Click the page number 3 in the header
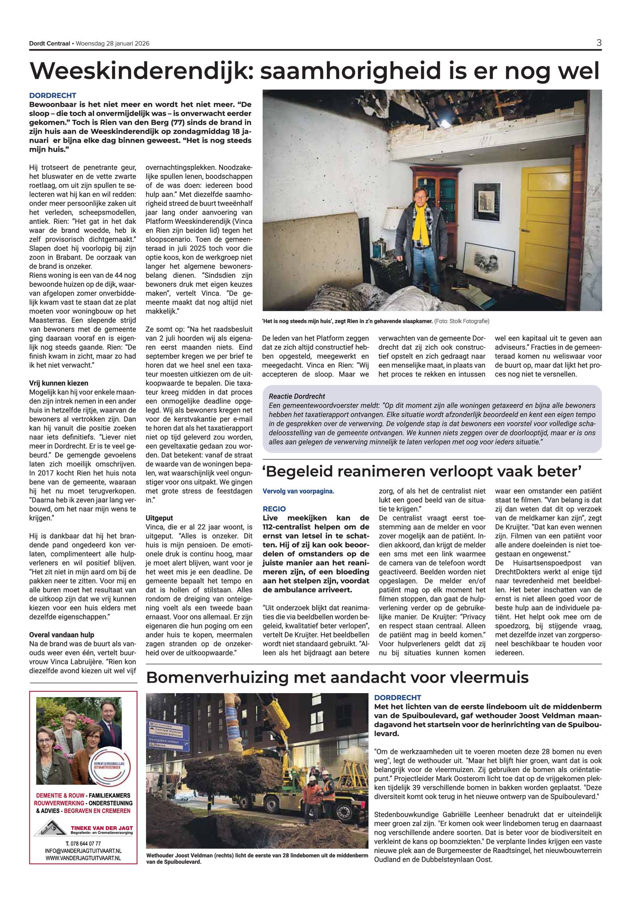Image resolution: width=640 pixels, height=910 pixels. click(598, 43)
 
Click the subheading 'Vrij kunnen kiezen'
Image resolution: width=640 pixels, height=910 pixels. click(58, 383)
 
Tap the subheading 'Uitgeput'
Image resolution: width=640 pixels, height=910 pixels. click(159, 518)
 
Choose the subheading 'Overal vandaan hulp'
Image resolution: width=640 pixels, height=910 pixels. click(62, 635)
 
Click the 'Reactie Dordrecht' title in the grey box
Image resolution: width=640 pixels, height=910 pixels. click(297, 396)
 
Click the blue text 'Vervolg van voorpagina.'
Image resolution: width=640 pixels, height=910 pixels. click(298, 491)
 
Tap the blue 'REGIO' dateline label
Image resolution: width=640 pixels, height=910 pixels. click(274, 509)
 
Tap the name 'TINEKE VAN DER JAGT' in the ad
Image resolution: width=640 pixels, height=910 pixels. click(102, 828)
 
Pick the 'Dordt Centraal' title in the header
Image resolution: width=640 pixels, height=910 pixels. click(49, 43)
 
